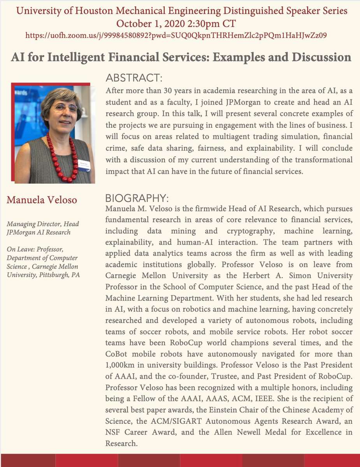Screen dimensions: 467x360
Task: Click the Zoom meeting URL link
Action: (x=176, y=36)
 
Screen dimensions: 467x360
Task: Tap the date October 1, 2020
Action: (x=150, y=23)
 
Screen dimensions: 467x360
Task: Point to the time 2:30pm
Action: (x=202, y=23)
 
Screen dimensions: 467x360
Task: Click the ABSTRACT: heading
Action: (x=134, y=78)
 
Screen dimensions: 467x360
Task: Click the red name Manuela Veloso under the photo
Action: (x=42, y=200)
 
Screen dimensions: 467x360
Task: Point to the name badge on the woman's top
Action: (x=85, y=164)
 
